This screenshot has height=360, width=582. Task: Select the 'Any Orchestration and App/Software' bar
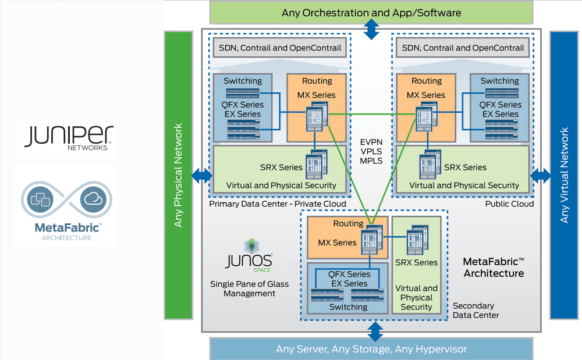click(x=371, y=12)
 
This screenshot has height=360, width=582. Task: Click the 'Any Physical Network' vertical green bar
click(x=179, y=175)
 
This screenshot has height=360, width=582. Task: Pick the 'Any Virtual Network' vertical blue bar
click(x=563, y=175)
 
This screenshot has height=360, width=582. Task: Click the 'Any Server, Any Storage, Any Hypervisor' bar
click(x=371, y=349)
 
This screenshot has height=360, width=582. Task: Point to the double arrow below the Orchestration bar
click(x=371, y=27)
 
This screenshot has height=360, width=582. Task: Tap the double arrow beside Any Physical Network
click(x=201, y=174)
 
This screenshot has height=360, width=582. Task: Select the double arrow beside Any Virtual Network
click(x=541, y=174)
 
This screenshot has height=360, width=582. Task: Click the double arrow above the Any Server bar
click(x=375, y=333)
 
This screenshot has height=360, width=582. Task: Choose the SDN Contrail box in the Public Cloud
click(x=463, y=48)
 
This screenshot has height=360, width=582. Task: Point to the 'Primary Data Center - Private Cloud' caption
click(x=278, y=204)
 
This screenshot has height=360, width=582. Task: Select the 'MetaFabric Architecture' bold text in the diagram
click(x=494, y=268)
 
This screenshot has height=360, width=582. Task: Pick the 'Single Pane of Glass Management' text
click(x=249, y=289)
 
